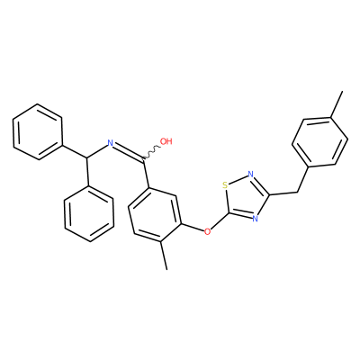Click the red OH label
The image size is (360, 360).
[166, 141]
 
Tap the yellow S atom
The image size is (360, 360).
[225, 185]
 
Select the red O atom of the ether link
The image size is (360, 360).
[207, 231]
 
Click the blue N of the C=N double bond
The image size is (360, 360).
[110, 143]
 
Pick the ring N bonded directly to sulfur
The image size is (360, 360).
[251, 174]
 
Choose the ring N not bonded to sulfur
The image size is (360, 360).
[255, 218]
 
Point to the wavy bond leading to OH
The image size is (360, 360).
[152, 152]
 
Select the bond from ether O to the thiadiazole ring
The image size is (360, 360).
[220, 222]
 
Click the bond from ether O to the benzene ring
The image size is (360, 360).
[193, 227]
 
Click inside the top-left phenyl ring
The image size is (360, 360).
[38, 132]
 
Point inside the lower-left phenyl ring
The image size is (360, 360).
[89, 213]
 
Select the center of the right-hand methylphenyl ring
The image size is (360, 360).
[319, 142]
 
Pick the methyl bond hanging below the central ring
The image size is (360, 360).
[164, 256]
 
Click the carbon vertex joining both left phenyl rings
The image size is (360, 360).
[87, 157]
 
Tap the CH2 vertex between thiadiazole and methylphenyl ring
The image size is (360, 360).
[297, 192]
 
